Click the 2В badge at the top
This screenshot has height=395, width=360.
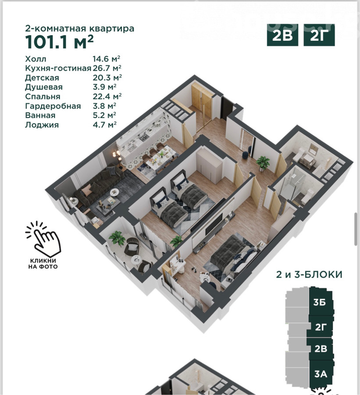point(282,35)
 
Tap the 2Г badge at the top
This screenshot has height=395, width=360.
point(319,35)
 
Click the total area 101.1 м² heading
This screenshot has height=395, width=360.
point(59,42)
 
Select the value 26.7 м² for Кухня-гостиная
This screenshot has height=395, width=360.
point(107,68)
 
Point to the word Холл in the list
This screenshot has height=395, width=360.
point(36,59)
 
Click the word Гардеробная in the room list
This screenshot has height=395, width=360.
point(53,106)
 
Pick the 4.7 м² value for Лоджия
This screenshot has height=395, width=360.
point(105,125)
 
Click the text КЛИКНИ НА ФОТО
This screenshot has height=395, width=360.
point(43,263)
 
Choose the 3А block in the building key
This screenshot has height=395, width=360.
point(321,374)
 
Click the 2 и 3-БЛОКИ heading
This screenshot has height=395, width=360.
point(309,274)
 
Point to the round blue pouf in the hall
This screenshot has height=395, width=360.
point(245,155)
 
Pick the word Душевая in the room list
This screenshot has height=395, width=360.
point(44,87)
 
